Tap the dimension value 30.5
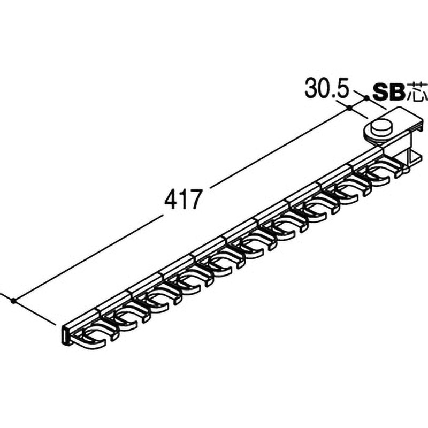coord(327,88)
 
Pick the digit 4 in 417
coord(171,199)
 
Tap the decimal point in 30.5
coord(333,96)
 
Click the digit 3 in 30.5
coord(311,88)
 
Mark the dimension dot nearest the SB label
coord(367,97)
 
